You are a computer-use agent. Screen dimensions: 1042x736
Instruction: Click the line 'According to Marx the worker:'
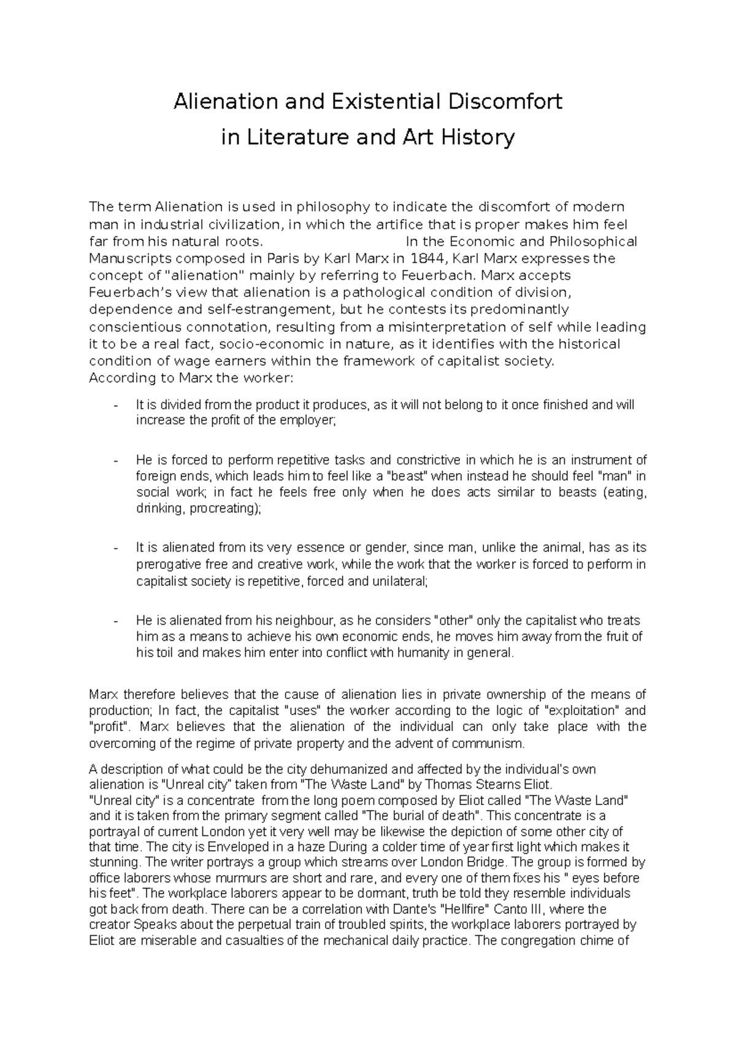click(191, 378)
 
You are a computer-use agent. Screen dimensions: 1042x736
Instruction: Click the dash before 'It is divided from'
click(117, 405)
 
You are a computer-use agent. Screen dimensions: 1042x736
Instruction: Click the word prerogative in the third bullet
click(167, 564)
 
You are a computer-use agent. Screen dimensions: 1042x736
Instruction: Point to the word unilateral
click(398, 581)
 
